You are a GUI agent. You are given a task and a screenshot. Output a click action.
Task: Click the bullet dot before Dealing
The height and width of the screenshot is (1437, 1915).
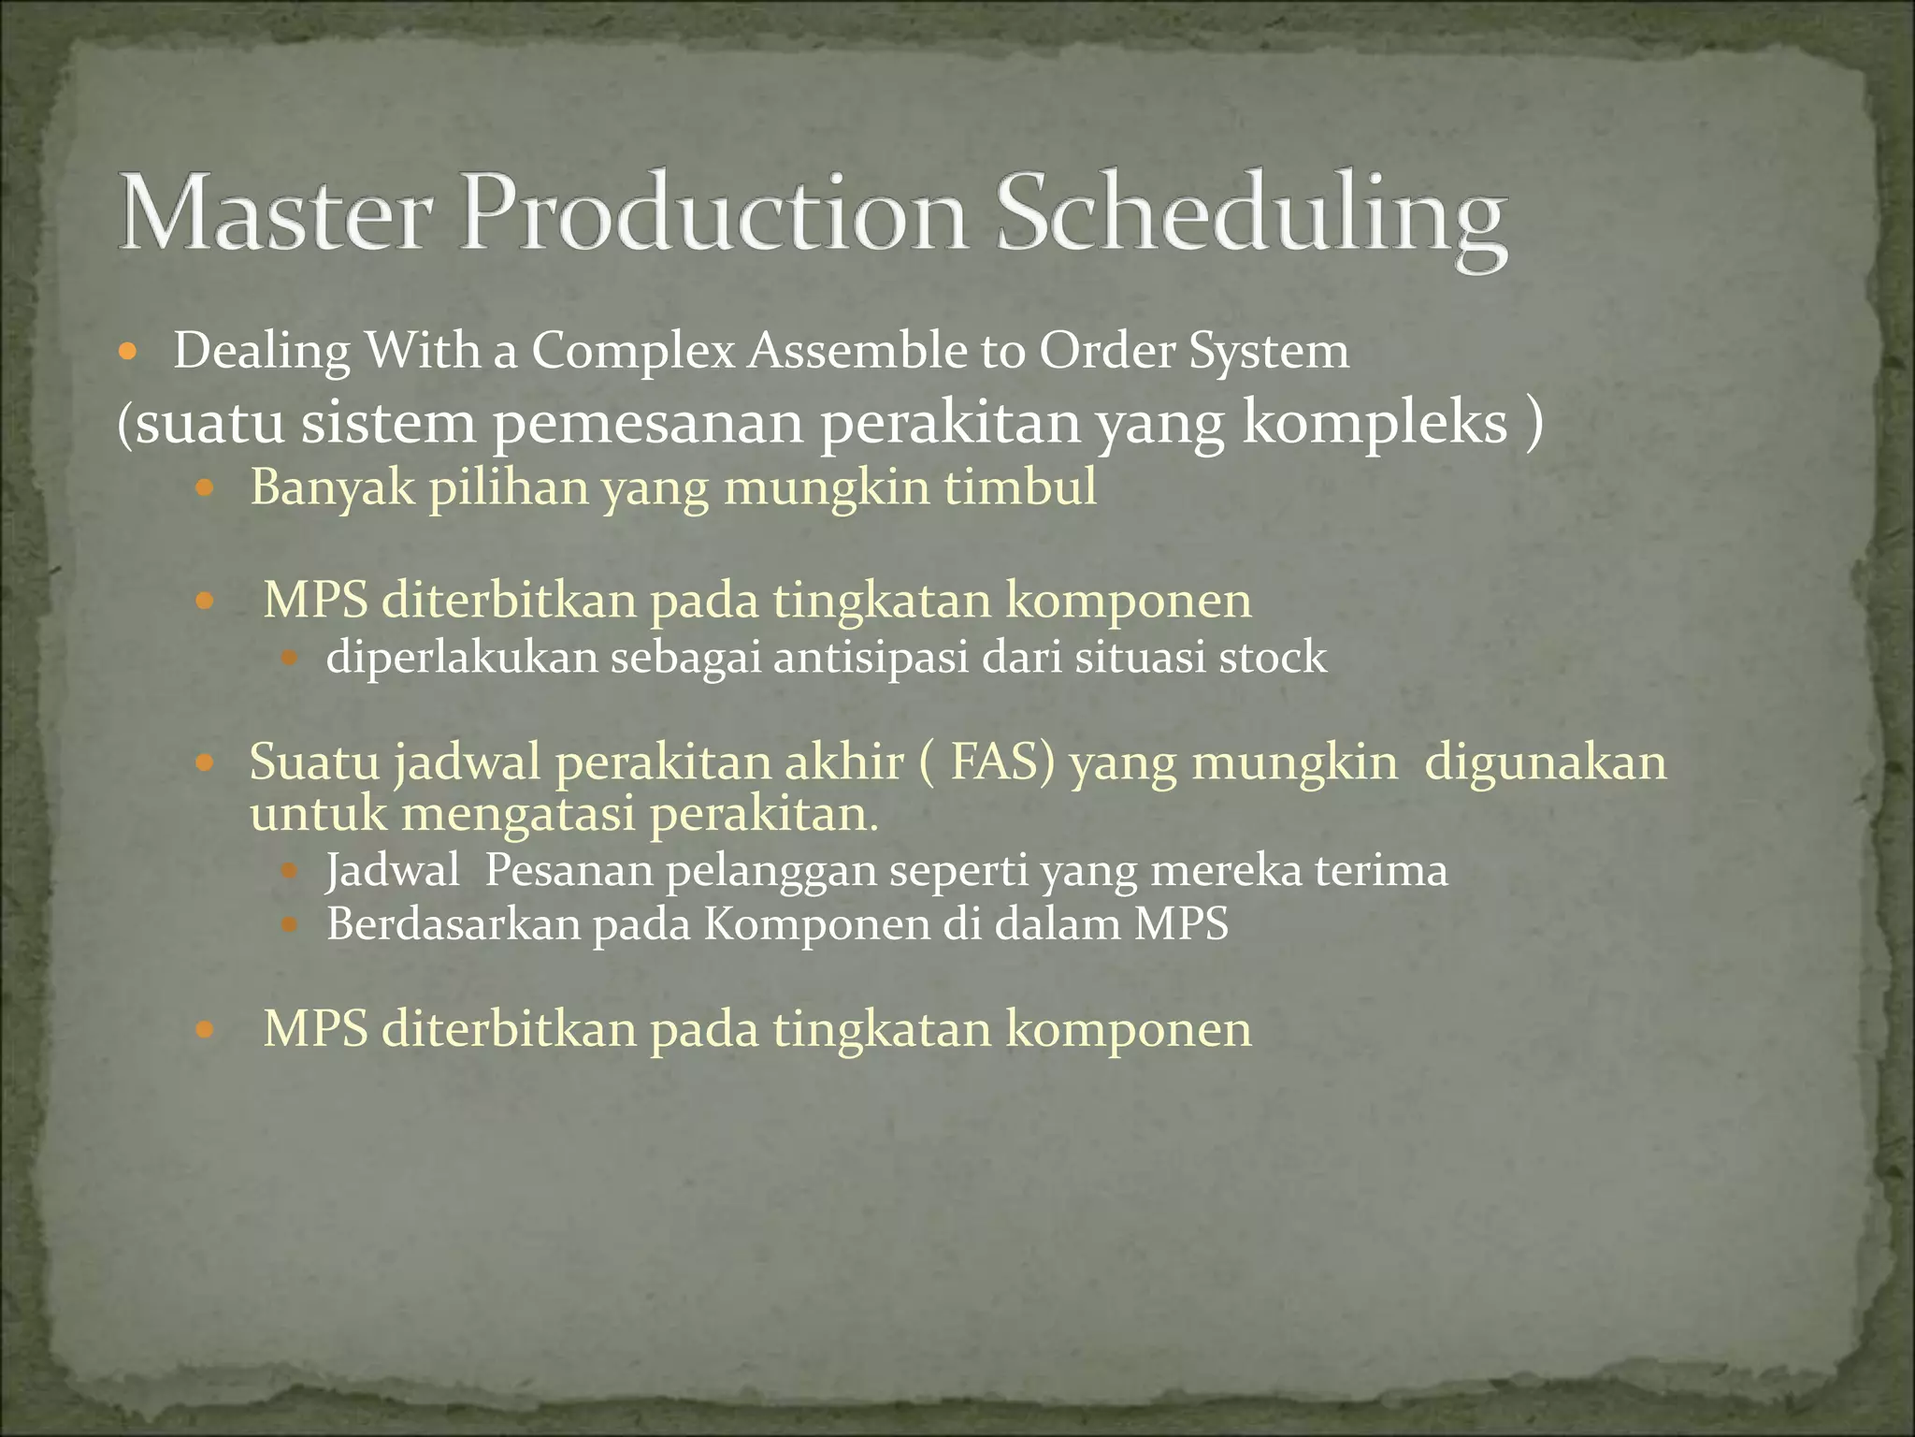(x=129, y=354)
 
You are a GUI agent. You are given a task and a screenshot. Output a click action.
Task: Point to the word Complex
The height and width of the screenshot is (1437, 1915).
(x=634, y=354)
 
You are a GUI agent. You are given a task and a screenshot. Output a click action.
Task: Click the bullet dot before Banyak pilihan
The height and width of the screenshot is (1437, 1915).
(x=206, y=488)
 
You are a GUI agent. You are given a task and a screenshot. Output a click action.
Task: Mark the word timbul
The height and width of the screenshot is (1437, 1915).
(x=1020, y=487)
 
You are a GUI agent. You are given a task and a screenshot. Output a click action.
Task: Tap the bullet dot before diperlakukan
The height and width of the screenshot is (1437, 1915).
(x=289, y=659)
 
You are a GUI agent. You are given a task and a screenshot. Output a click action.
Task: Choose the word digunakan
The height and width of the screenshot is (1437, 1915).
(x=1545, y=763)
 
